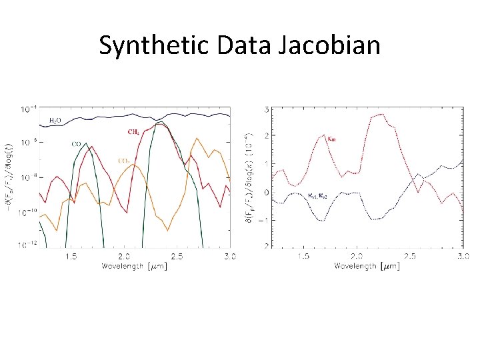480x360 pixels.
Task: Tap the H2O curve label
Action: tap(56, 121)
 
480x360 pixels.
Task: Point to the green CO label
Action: tap(76, 143)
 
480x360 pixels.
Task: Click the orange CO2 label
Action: tap(123, 161)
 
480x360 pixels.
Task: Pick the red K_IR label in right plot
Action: tap(332, 139)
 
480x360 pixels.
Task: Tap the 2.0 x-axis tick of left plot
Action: tap(124, 256)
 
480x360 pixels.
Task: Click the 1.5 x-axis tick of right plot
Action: tap(303, 256)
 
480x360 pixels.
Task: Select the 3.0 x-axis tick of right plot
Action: tap(461, 256)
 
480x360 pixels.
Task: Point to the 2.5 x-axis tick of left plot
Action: tap(177, 256)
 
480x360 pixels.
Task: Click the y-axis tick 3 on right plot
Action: tap(267, 109)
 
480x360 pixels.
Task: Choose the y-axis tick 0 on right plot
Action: tap(267, 193)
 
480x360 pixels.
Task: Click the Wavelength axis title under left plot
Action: tap(134, 266)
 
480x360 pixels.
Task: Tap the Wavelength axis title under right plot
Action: tap(367, 266)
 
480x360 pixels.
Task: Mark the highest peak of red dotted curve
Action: tap(381, 114)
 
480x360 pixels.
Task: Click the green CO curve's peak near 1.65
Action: tap(86, 143)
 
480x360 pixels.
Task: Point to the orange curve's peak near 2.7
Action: tap(197, 139)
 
